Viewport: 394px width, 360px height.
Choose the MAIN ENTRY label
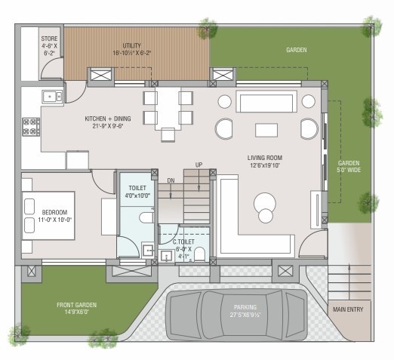(348, 308)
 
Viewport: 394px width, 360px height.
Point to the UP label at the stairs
(199, 165)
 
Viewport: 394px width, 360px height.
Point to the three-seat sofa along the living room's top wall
(265, 102)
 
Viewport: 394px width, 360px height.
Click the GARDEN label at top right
(296, 50)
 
